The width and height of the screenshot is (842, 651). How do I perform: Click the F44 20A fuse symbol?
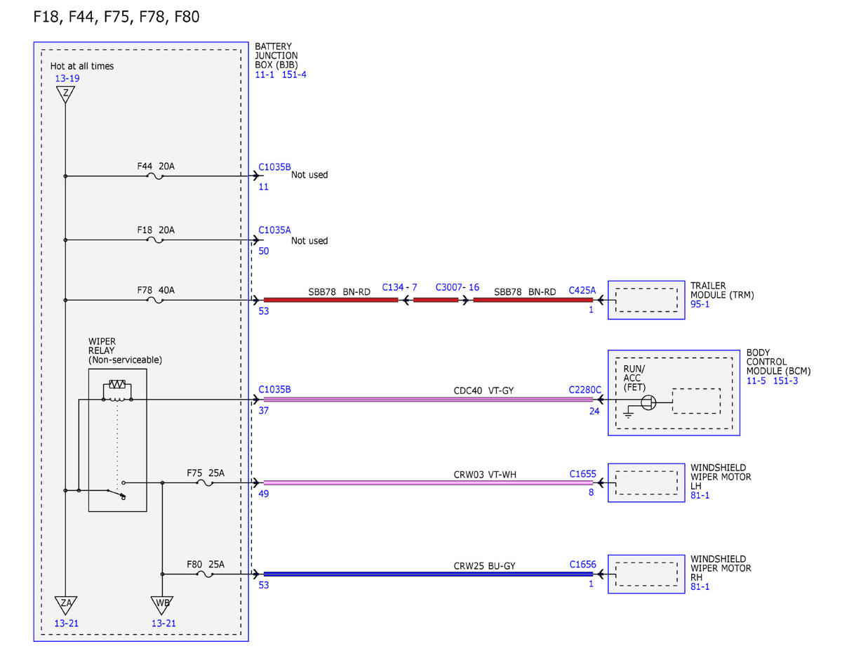[155, 177]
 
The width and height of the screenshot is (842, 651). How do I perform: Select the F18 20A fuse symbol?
[155, 240]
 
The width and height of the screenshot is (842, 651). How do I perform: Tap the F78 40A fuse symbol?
[155, 301]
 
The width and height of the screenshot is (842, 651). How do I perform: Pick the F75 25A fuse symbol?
[205, 483]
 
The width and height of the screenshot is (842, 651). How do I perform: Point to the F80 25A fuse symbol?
[205, 574]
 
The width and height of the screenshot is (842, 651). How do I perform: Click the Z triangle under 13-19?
[65, 94]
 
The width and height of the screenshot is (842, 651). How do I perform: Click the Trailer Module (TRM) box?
[646, 300]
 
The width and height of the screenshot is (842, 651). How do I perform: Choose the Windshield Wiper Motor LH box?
[646, 482]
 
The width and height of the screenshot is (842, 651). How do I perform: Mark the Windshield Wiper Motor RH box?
[646, 574]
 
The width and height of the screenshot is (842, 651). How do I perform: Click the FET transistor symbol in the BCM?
[648, 402]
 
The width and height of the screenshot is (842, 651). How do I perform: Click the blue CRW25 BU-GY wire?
[428, 574]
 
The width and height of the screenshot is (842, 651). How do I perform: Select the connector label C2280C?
[584, 390]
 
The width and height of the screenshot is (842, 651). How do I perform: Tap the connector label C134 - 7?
[399, 287]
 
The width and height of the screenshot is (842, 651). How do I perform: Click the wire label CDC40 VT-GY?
[483, 390]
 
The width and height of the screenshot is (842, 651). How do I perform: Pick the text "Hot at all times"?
[82, 66]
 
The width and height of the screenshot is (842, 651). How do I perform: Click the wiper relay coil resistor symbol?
[117, 384]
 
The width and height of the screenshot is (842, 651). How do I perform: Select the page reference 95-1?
[700, 304]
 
